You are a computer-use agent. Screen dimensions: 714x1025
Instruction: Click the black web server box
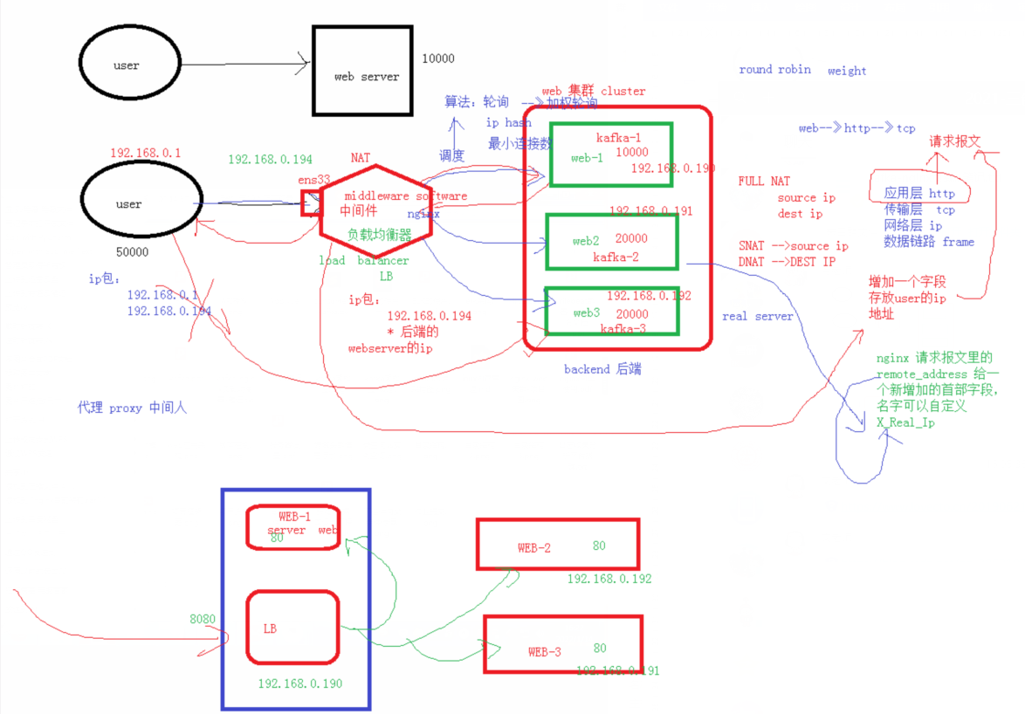pyautogui.click(x=362, y=70)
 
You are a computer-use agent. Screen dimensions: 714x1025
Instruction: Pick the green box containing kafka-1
pyautogui.click(x=611, y=154)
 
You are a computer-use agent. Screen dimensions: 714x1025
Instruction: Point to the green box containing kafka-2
pyautogui.click(x=611, y=241)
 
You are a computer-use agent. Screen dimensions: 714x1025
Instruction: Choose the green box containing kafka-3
pyautogui.click(x=611, y=311)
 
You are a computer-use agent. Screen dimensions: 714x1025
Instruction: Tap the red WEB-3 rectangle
pyautogui.click(x=563, y=644)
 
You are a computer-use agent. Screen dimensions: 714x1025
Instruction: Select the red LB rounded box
pyautogui.click(x=292, y=627)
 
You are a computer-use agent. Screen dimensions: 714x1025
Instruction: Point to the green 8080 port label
pyautogui.click(x=202, y=619)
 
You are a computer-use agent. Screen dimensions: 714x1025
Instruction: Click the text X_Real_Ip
pyautogui.click(x=905, y=422)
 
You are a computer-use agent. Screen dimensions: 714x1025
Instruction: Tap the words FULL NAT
pyautogui.click(x=764, y=181)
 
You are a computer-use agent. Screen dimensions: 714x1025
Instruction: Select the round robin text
pyautogui.click(x=774, y=70)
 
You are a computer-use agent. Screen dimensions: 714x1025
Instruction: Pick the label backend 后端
pyautogui.click(x=602, y=369)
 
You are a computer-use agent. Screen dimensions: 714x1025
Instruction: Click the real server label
pyautogui.click(x=758, y=316)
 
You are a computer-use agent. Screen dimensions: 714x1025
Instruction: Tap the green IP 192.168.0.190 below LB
pyautogui.click(x=300, y=683)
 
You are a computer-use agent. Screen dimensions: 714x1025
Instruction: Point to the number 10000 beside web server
pyautogui.click(x=437, y=58)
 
